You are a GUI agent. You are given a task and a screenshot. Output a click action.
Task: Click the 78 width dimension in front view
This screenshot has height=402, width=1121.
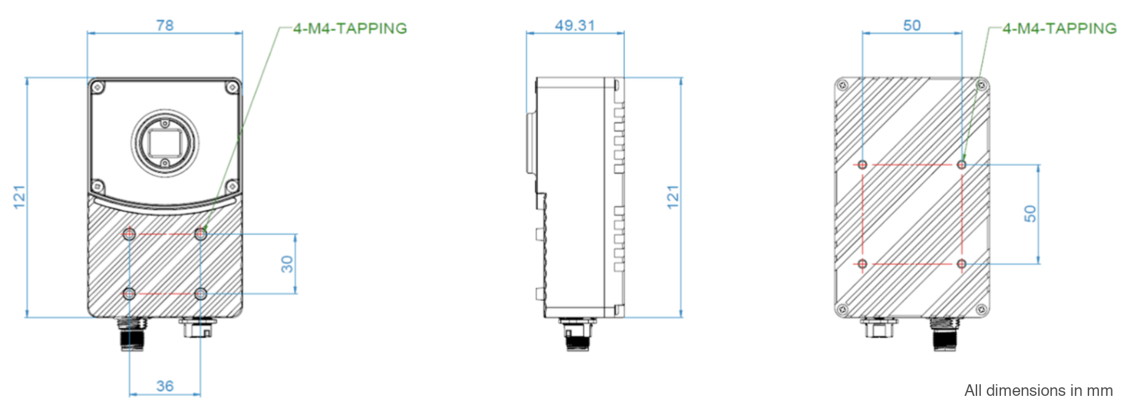coord(165,25)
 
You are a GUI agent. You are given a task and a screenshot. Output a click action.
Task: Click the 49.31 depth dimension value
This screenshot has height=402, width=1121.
coord(574,25)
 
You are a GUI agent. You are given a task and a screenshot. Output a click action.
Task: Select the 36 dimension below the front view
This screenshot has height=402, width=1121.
coord(165,386)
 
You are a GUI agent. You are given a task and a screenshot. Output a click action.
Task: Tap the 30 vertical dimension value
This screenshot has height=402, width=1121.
coord(287,264)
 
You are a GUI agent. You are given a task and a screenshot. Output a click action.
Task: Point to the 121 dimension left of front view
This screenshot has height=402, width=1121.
coord(20,197)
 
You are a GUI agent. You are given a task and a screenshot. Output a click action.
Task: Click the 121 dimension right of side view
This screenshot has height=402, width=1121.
coord(673,197)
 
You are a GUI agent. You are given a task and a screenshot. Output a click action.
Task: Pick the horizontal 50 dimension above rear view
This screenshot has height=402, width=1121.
coord(912,25)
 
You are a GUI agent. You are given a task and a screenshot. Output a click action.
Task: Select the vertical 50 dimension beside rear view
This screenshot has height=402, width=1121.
coord(1030,214)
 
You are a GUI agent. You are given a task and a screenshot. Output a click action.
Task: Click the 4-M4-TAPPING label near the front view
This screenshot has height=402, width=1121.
coord(350,29)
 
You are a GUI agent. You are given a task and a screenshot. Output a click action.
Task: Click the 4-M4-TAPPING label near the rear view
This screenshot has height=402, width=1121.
coord(1059,29)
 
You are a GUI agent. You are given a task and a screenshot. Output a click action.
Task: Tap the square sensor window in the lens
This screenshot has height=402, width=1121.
coord(165,143)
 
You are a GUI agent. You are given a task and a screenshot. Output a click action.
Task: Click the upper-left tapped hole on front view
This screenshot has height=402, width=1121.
coord(129,234)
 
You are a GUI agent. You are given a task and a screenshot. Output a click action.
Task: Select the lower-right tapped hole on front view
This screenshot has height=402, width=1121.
coord(200,294)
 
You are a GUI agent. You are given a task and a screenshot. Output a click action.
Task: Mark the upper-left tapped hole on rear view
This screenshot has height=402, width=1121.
coord(862,165)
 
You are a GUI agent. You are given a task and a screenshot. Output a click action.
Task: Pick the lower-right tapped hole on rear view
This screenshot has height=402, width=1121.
coord(961,264)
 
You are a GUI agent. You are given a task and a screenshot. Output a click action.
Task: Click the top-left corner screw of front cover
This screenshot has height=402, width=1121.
coord(97,88)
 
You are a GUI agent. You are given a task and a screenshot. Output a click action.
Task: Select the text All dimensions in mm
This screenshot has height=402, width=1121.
coord(1038,390)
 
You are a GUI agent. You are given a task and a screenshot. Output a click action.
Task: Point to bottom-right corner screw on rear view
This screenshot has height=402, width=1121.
coord(981,310)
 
